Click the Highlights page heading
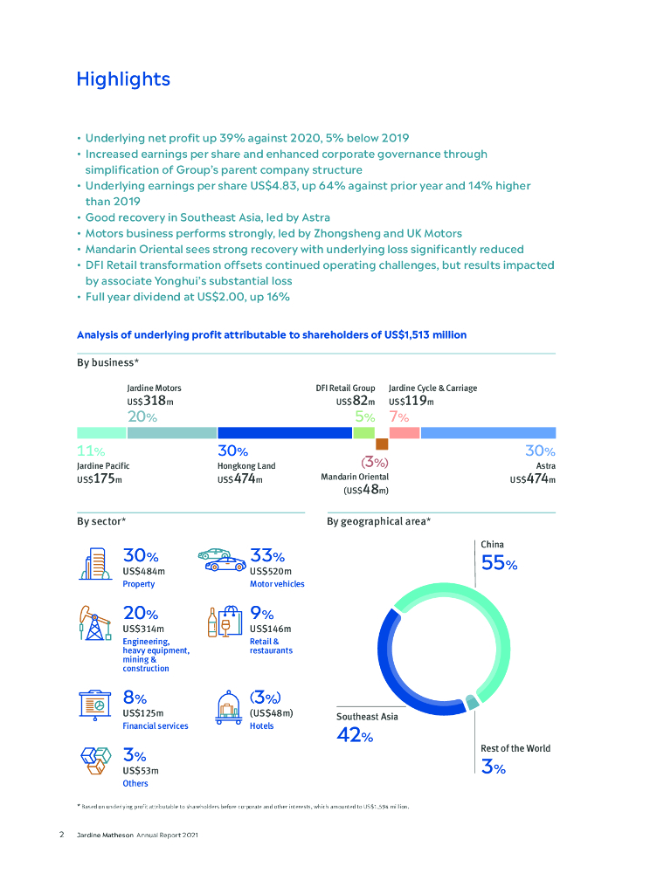pos(123,79)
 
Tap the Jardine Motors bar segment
pos(172,432)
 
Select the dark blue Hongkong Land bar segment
pos(284,432)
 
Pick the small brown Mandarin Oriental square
pos(382,444)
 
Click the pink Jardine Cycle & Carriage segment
pos(405,432)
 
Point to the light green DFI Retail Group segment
pos(364,432)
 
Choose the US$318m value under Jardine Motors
pos(150,402)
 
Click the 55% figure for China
pos(499,564)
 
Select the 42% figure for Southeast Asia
pos(355,736)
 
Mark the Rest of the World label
pos(515,748)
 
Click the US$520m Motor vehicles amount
pos(270,571)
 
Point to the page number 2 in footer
pos(62,836)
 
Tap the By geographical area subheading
pos(378,521)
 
